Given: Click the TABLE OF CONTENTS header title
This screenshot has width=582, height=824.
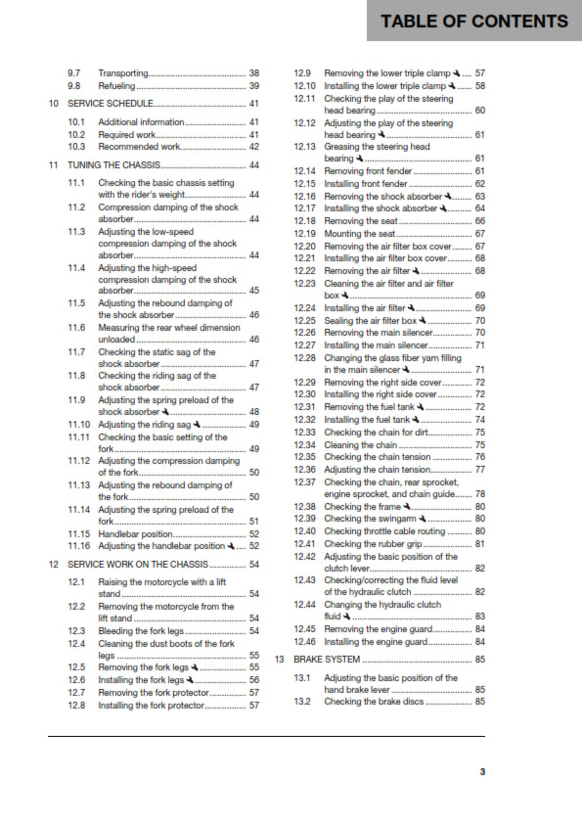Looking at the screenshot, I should tap(473, 22).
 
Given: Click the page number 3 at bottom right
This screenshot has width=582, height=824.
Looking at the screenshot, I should tap(482, 772).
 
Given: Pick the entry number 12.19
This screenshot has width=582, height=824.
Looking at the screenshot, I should tap(303, 234).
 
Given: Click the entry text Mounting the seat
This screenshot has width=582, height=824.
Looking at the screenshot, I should tap(358, 234).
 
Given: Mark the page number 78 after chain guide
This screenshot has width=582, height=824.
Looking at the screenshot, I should tap(480, 493).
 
